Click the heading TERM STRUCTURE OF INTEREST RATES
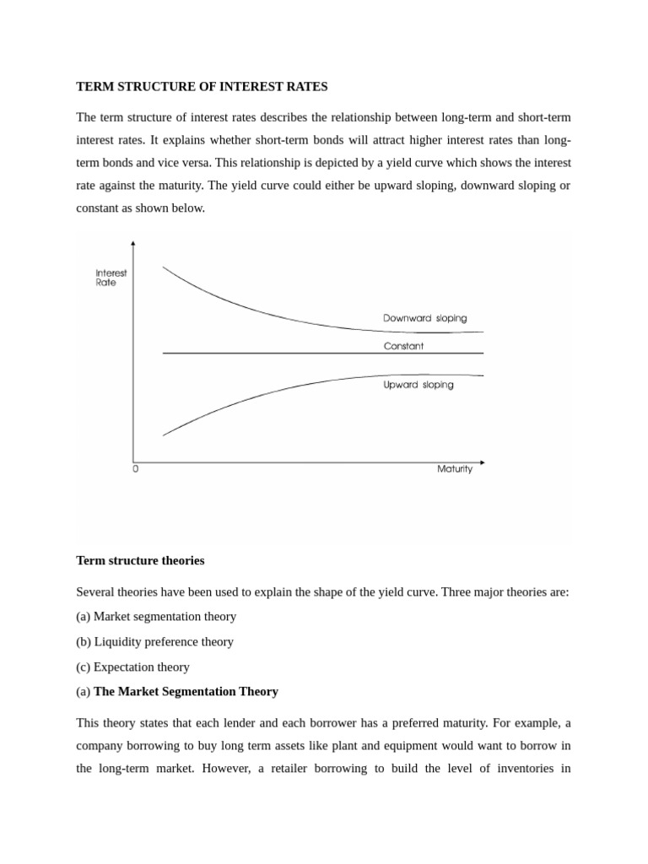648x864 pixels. point(202,87)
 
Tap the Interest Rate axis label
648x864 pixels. point(111,278)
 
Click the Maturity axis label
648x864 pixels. point(455,469)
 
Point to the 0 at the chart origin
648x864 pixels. point(135,469)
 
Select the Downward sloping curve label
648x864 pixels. point(424,318)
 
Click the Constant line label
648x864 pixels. point(403,346)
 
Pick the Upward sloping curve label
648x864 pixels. point(418,385)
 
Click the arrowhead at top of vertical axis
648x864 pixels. point(133,244)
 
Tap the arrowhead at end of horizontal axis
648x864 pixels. point(482,462)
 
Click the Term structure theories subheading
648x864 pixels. point(140,560)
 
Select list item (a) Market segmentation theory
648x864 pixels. point(156,617)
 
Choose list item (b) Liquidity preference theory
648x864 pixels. point(154,641)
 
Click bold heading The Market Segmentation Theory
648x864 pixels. point(186,691)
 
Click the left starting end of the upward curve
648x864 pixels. point(164,435)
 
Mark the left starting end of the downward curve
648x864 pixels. point(164,267)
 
